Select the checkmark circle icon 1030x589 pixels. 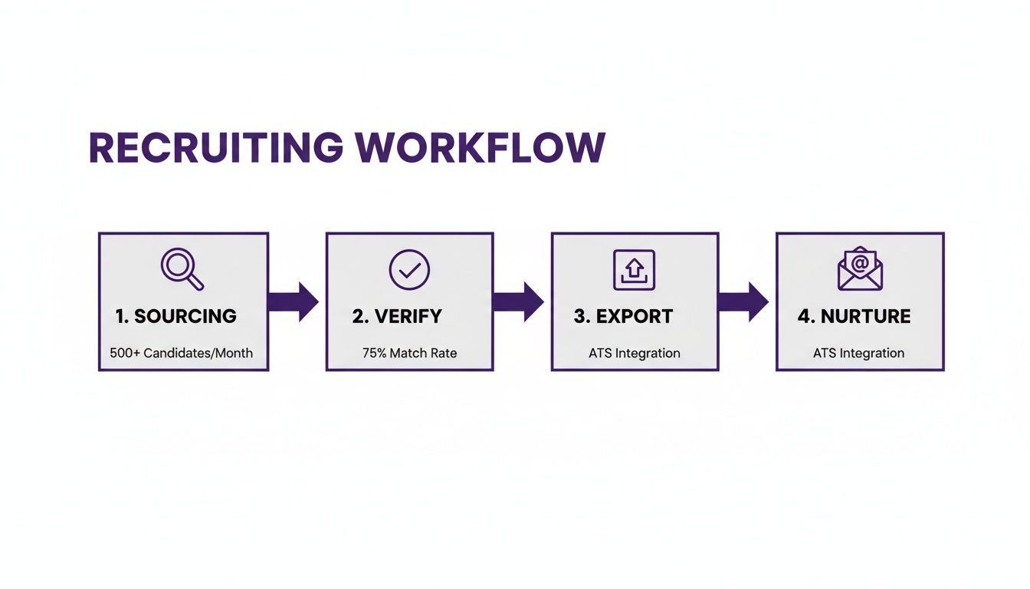[409, 269]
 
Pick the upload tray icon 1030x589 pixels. [634, 270]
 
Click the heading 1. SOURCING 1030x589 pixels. [175, 316]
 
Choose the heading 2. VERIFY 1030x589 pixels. [398, 316]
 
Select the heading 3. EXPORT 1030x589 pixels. [623, 316]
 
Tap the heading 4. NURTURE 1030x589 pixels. [855, 316]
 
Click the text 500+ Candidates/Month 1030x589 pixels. [181, 354]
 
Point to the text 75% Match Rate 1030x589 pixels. [409, 354]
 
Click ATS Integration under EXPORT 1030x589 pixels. [634, 354]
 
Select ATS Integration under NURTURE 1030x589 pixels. [858, 354]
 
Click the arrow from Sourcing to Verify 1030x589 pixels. [294, 301]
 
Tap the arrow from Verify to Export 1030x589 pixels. [519, 301]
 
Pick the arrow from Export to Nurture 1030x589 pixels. [744, 301]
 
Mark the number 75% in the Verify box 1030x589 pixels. [375, 354]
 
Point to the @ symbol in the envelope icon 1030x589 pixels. [861, 262]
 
